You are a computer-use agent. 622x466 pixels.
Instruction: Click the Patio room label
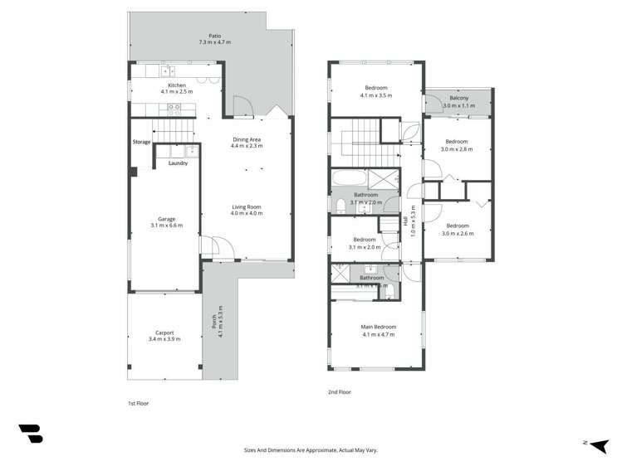pyautogui.click(x=214, y=35)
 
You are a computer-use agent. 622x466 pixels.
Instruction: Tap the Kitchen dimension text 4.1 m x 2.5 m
pyautogui.click(x=176, y=91)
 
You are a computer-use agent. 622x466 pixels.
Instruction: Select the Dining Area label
pyautogui.click(x=247, y=139)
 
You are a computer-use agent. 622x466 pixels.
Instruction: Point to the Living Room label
pyautogui.click(x=247, y=206)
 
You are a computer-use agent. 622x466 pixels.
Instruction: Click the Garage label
pyautogui.click(x=166, y=219)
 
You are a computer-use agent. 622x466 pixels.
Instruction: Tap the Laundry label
pyautogui.click(x=178, y=163)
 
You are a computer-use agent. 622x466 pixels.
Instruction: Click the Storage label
pyautogui.click(x=141, y=143)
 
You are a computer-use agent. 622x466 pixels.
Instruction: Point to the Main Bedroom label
pyautogui.click(x=378, y=327)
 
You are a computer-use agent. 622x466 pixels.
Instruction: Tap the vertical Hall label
pyautogui.click(x=407, y=222)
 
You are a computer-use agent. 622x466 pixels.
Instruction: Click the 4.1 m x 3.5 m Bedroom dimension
pyautogui.click(x=376, y=95)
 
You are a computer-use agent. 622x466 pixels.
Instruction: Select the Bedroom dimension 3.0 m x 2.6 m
pyautogui.click(x=457, y=234)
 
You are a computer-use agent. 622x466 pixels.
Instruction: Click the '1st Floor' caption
pyautogui.click(x=137, y=403)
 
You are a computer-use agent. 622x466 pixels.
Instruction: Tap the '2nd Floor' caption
pyautogui.click(x=340, y=391)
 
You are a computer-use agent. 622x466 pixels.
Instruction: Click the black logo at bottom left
pyautogui.click(x=31, y=433)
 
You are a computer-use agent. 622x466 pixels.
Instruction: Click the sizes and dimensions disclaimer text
pyautogui.click(x=310, y=450)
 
